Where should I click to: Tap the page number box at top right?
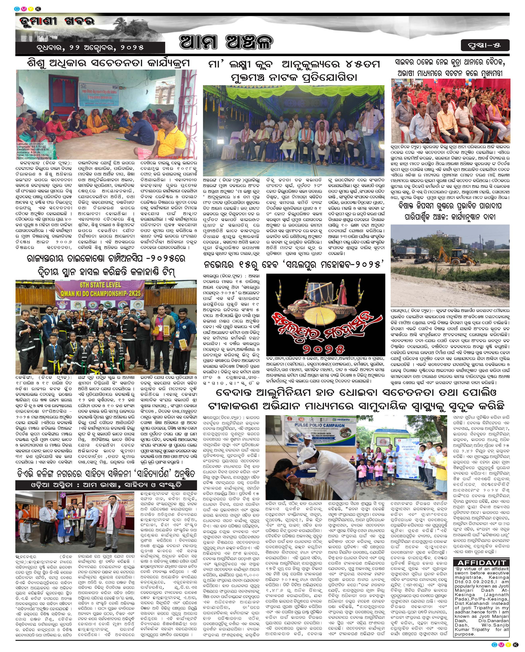(485, 45)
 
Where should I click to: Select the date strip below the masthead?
(90, 48)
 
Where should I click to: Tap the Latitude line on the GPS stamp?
(30, 144)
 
